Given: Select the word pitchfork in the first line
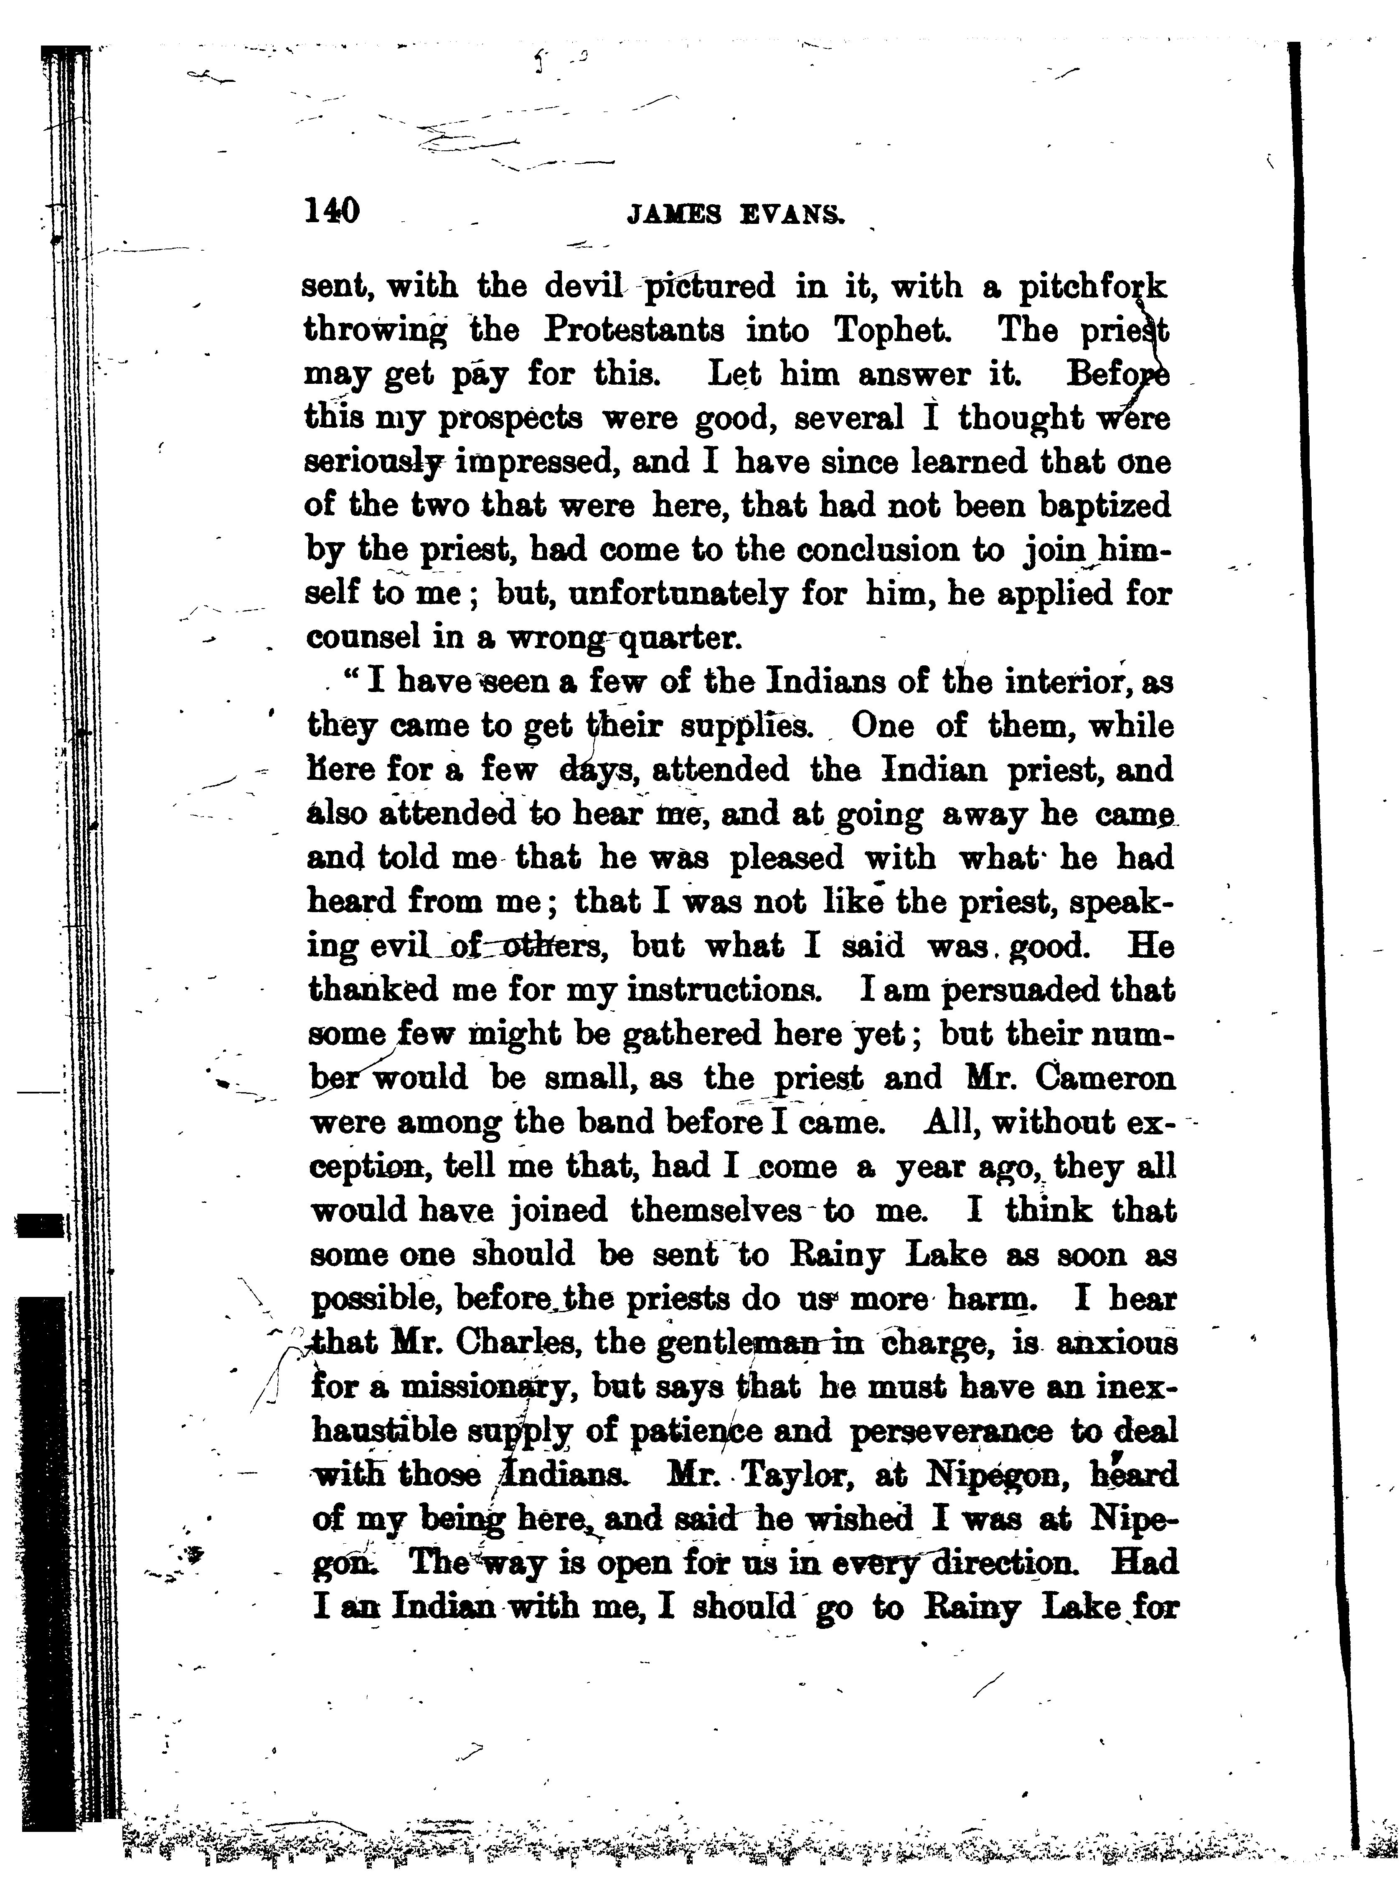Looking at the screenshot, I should [x=1092, y=288].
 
